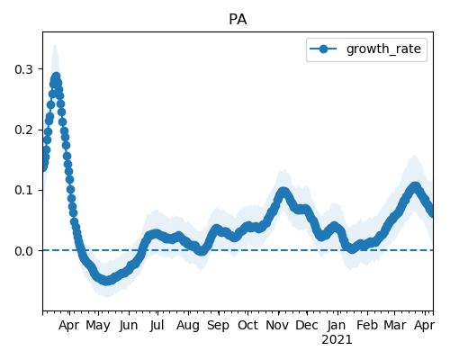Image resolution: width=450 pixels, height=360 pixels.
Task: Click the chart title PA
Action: point(238,20)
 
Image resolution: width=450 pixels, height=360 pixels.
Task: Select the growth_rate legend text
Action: point(383,49)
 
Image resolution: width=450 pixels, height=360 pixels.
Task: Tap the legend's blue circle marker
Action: point(323,49)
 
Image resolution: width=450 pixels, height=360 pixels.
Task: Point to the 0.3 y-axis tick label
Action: point(23,69)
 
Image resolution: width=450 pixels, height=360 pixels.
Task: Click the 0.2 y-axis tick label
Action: point(23,130)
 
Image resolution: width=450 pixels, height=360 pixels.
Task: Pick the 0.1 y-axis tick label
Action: point(23,190)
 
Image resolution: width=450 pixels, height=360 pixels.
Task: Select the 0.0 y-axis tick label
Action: point(23,251)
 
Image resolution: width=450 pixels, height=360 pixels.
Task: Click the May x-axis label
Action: point(98,326)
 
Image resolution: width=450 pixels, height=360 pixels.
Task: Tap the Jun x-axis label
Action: point(129,326)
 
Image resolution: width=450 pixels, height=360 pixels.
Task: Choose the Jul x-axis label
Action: point(157,326)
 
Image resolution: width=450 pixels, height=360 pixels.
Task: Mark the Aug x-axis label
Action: point(188,326)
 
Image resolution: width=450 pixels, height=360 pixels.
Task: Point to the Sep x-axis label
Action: point(218,326)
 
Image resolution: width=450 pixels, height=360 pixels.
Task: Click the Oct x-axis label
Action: point(247,326)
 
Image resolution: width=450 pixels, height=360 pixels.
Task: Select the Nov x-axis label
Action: point(277,326)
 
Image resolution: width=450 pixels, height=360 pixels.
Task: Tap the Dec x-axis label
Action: point(307,326)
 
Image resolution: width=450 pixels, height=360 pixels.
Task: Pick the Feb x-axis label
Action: point(367,326)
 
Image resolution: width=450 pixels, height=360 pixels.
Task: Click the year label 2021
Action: point(337,340)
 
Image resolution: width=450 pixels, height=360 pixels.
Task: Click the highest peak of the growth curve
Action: point(57,76)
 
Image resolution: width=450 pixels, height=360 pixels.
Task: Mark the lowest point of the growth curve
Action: point(106,281)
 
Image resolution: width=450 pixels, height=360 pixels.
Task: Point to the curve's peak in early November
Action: point(283,192)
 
